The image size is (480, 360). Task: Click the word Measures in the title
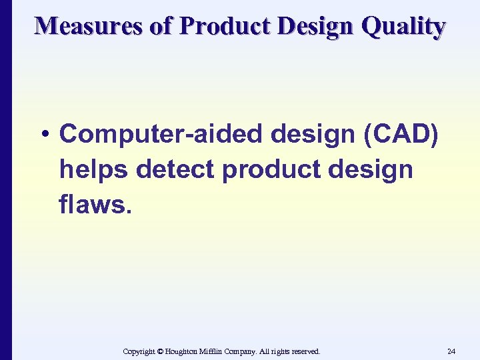89,27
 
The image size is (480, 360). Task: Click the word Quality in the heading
404,27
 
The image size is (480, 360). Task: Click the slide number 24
451,351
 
